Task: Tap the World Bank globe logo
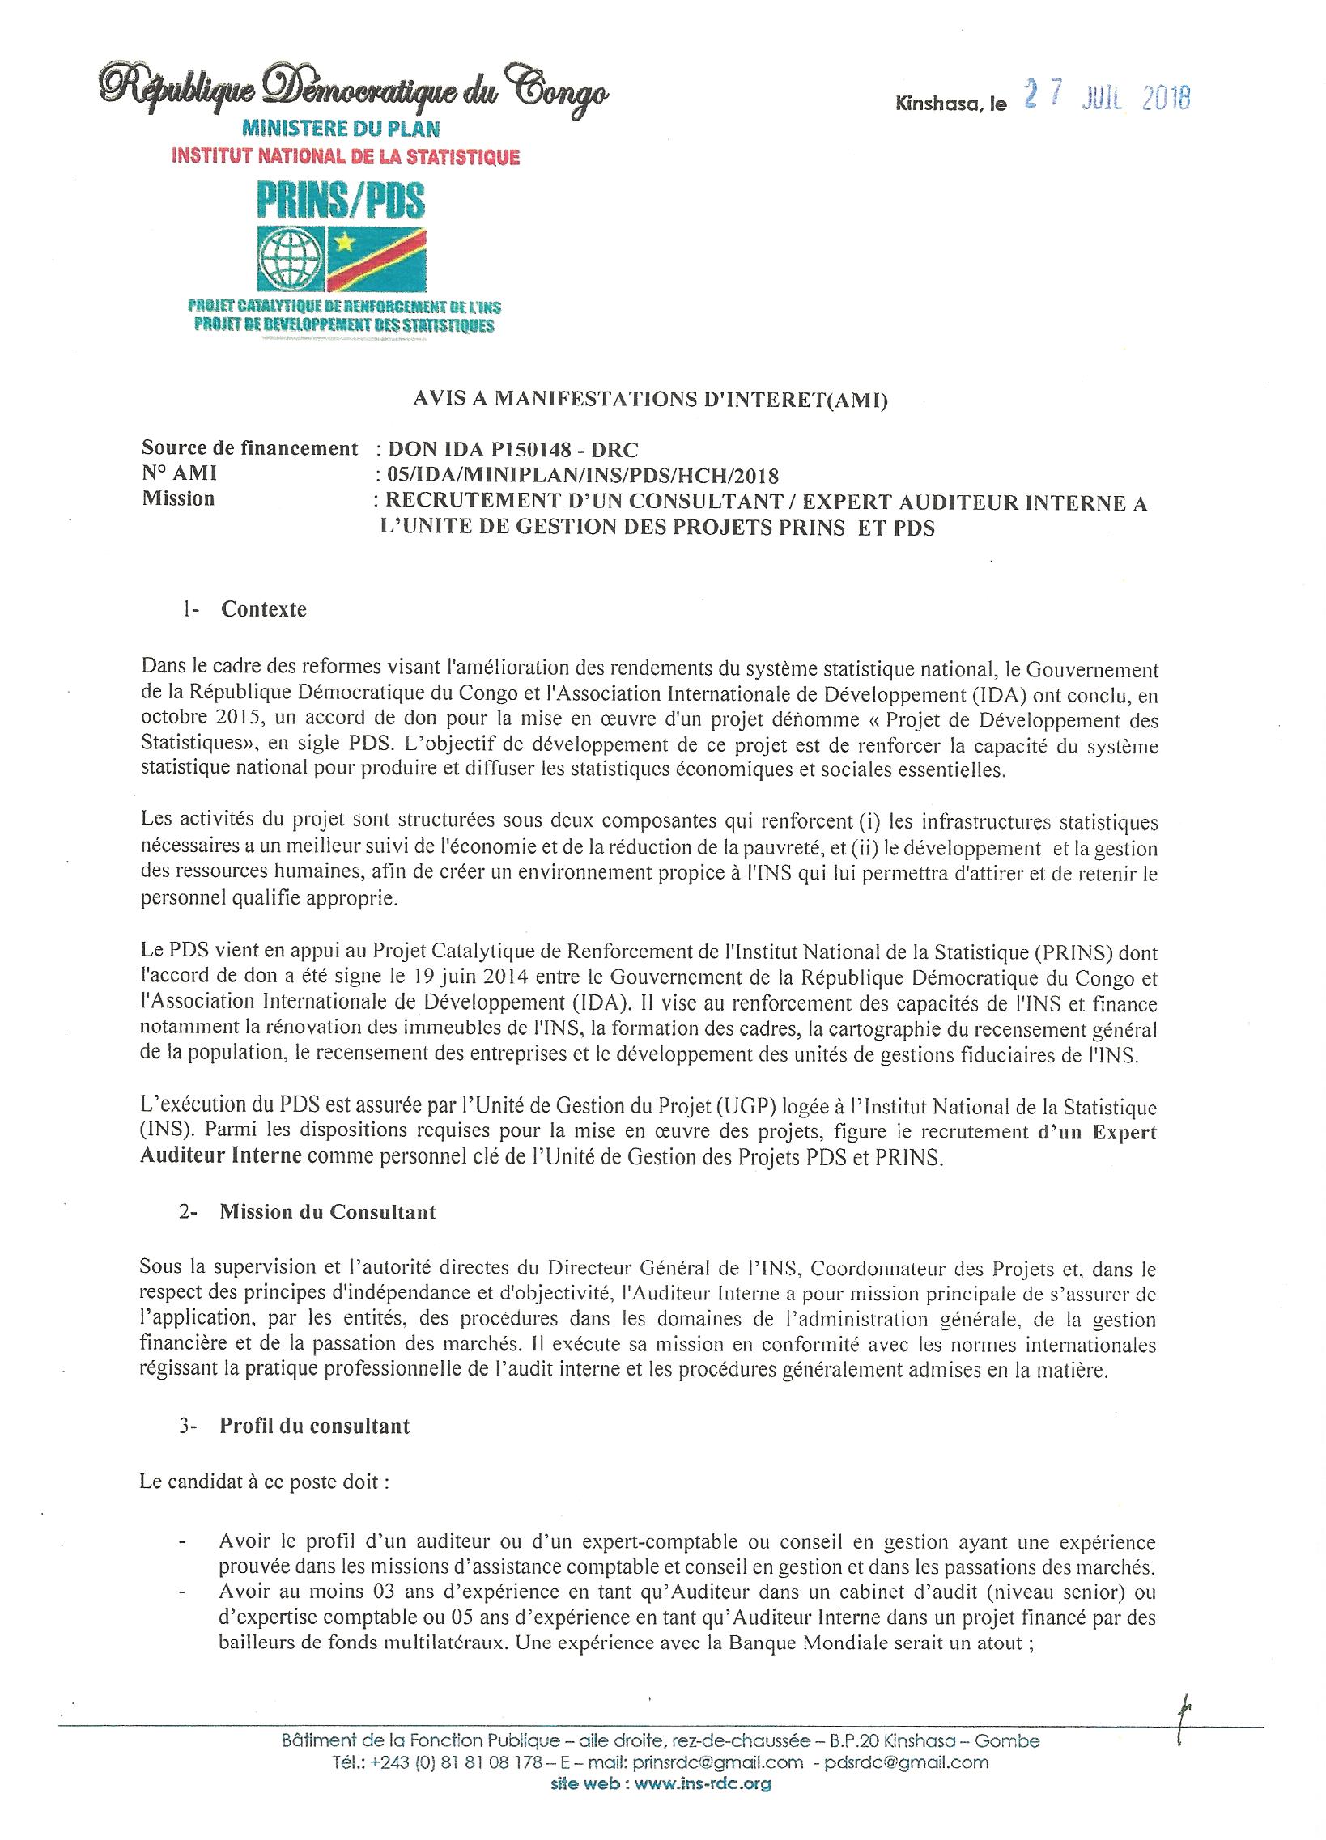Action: pyautogui.click(x=290, y=259)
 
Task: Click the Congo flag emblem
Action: pyautogui.click(x=376, y=259)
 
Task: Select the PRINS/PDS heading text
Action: pyautogui.click(x=341, y=199)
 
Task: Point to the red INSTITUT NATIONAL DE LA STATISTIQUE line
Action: pyautogui.click(x=345, y=157)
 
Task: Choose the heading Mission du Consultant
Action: pyautogui.click(x=328, y=1212)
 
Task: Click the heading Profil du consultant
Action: pyautogui.click(x=315, y=1426)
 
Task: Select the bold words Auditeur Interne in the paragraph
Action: pyautogui.click(x=221, y=1157)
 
